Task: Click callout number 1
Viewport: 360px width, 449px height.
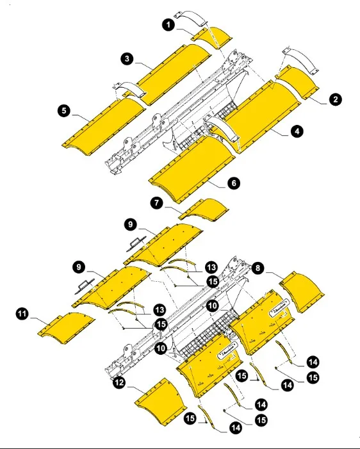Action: pyautogui.click(x=168, y=25)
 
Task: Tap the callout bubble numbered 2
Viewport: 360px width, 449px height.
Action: pyautogui.click(x=335, y=99)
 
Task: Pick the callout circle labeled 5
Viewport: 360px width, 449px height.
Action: pyautogui.click(x=64, y=111)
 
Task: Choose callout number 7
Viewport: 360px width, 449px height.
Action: pyautogui.click(x=156, y=203)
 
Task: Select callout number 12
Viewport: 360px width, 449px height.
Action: pyautogui.click(x=119, y=383)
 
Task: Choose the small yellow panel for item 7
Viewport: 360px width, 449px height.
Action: pyautogui.click(x=204, y=209)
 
